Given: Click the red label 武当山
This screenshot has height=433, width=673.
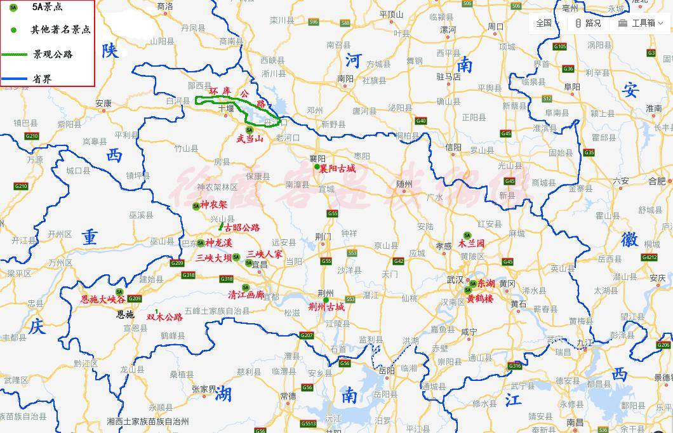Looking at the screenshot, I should pos(250,138).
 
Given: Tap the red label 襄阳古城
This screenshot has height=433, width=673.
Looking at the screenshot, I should pos(338,169).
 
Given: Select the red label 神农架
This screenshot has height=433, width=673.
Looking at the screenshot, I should pos(213,205).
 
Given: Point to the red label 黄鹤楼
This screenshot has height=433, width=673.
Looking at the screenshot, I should pos(480,297).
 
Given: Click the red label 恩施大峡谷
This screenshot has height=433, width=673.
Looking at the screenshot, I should pos(102,299).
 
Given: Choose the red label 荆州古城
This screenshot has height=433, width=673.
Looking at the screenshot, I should pos(326,307).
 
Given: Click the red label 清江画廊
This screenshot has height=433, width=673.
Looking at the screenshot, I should pos(246,295).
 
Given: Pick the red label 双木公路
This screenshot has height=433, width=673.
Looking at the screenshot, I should pos(164,317).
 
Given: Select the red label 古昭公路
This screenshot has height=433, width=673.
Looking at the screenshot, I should pos(242,227).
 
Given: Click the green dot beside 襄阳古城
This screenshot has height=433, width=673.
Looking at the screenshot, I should pos(317,167).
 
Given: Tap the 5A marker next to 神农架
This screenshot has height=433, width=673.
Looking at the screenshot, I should pos(196,206).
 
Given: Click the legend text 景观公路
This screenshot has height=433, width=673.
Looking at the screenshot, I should pos(53,55).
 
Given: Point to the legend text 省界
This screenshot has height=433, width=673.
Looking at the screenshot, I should pos(43,79).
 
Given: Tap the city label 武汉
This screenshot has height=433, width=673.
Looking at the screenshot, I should pos(455,279).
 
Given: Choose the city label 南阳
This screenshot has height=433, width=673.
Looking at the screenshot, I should pos(345,79).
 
